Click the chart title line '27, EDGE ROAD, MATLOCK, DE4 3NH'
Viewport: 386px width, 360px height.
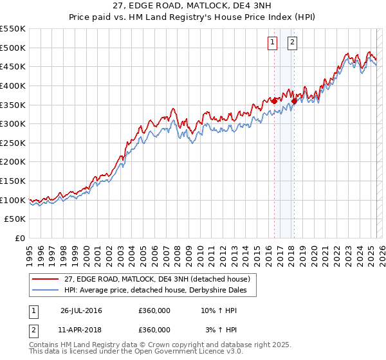[193, 6]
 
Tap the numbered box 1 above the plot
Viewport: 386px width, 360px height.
[272, 43]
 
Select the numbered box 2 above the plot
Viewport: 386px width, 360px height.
[292, 43]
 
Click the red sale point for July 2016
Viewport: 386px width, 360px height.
[274, 100]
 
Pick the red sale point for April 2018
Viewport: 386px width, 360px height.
[294, 100]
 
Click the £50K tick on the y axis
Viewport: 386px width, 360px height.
[16, 219]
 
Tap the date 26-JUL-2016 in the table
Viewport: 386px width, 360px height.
[81, 310]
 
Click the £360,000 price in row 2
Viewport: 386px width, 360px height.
[154, 330]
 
